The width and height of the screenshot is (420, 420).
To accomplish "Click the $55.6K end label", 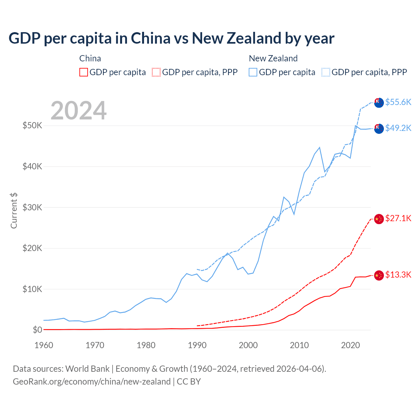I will point(398,102).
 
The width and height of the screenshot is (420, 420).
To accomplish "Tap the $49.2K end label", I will point(398,128).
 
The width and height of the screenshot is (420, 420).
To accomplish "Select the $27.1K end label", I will point(398,219).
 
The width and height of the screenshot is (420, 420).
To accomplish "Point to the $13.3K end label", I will point(398,275).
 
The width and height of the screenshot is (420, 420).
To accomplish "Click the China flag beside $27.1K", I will point(379,219).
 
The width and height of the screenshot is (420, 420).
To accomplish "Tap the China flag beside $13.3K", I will point(379,275).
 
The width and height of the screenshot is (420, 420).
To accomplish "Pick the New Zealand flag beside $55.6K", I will point(379,103).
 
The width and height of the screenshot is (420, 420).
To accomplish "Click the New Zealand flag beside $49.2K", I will point(379,129).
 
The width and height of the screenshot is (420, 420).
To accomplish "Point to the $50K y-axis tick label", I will point(32,125).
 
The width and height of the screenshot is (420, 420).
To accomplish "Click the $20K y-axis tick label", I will point(32,248).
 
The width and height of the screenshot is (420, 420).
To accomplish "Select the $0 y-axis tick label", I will point(37,330).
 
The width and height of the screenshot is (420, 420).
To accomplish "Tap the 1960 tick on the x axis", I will point(44,345).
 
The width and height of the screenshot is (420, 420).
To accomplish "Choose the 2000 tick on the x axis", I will point(248,345).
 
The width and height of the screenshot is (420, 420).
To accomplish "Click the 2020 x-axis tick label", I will point(350,345).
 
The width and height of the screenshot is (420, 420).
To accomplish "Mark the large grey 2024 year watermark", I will point(79,111).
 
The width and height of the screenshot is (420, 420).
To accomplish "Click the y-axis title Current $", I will point(14,210).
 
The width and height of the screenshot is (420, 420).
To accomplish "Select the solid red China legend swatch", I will point(84,72).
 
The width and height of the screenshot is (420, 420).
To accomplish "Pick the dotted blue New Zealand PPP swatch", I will point(326,72).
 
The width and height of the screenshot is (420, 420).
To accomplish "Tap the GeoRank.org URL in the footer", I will point(92,382).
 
